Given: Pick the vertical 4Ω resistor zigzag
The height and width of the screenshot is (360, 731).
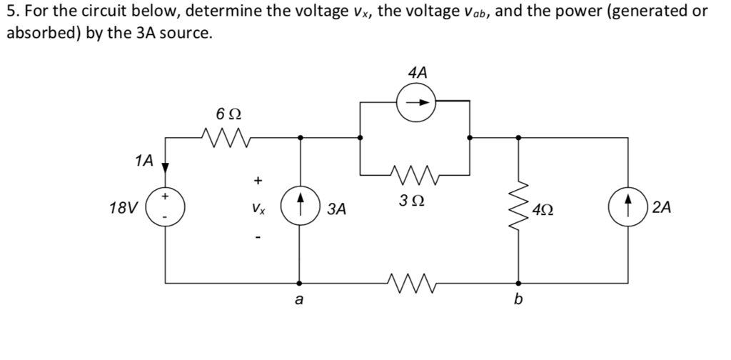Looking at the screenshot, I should (x=520, y=207).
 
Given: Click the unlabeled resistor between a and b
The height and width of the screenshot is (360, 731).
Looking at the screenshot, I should (x=414, y=281).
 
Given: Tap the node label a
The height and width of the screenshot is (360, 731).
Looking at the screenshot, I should (x=299, y=301).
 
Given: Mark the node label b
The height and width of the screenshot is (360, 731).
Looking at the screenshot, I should (x=519, y=301).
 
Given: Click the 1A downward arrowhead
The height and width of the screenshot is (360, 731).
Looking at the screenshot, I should (x=166, y=168).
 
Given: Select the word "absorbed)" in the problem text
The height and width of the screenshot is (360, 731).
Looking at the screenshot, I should (x=39, y=34).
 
